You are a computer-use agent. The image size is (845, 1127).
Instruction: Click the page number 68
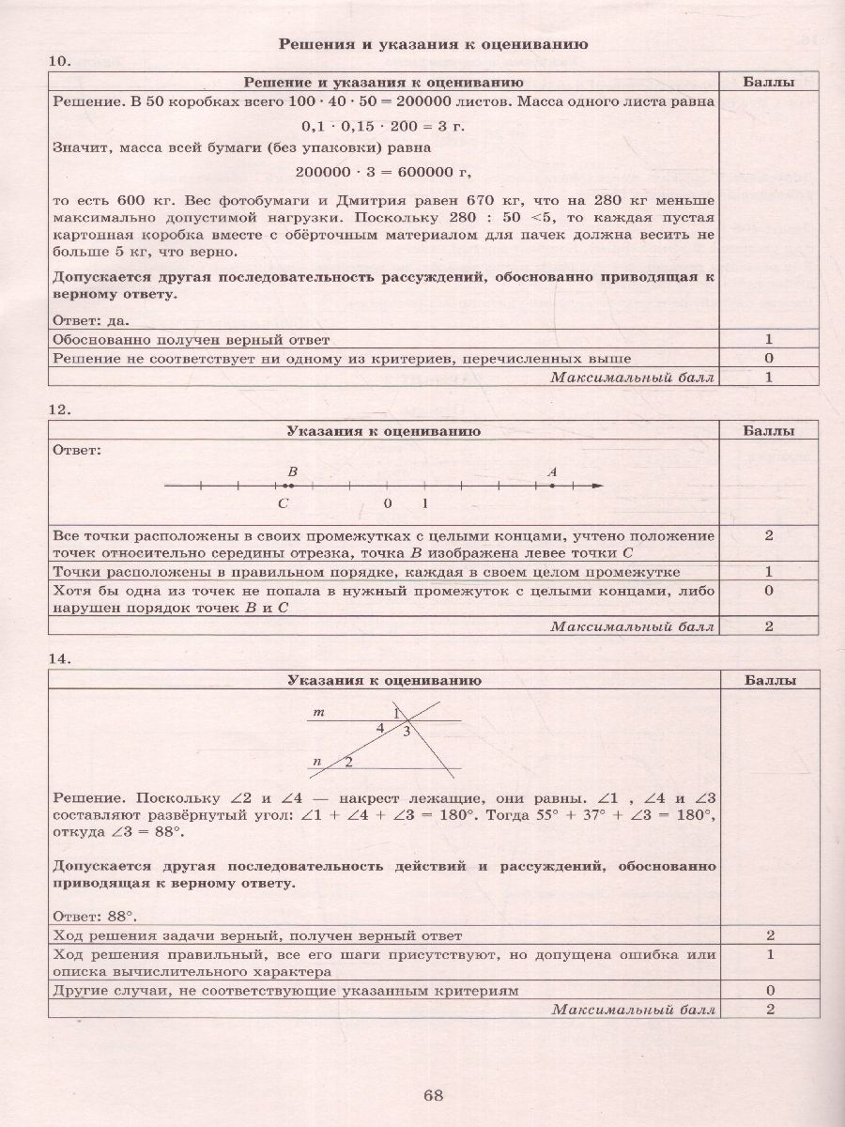tap(432, 1095)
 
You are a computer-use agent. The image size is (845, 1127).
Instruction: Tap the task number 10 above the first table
tap(58, 62)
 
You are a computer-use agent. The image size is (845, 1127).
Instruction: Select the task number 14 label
tap(58, 659)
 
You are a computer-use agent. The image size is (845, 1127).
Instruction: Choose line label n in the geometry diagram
tap(317, 760)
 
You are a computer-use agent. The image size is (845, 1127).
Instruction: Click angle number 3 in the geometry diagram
tap(407, 731)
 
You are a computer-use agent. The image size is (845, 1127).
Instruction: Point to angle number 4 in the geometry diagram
tap(380, 728)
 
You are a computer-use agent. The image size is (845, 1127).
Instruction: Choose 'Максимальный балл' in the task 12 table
tap(632, 626)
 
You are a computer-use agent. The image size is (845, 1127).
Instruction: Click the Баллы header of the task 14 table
tap(768, 681)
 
